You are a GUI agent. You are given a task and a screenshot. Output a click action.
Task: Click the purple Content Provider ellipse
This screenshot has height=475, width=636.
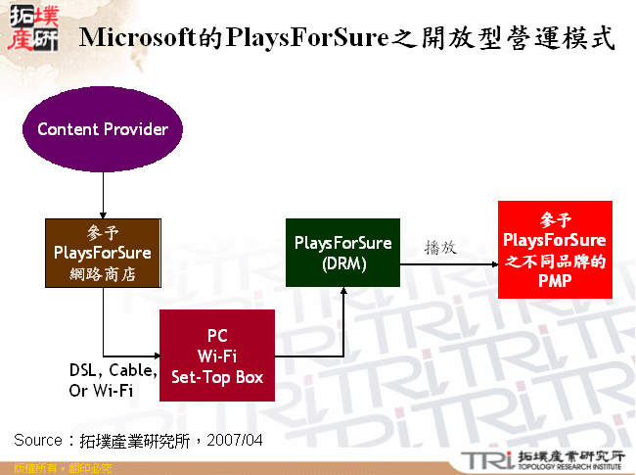103,129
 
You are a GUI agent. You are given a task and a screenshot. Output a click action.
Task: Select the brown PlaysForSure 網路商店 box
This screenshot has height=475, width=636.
103,253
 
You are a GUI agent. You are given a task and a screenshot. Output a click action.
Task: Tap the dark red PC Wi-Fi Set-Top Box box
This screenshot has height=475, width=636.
217,356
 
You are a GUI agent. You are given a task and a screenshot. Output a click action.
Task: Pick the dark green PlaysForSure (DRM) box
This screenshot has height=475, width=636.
342,253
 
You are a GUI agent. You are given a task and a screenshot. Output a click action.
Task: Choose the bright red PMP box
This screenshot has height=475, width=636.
555,250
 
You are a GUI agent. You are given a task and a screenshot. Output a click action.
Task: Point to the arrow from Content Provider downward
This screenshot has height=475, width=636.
103,195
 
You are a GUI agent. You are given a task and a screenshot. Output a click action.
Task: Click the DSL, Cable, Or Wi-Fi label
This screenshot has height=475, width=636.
113,381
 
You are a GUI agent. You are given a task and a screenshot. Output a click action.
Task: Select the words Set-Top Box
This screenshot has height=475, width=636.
217,377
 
